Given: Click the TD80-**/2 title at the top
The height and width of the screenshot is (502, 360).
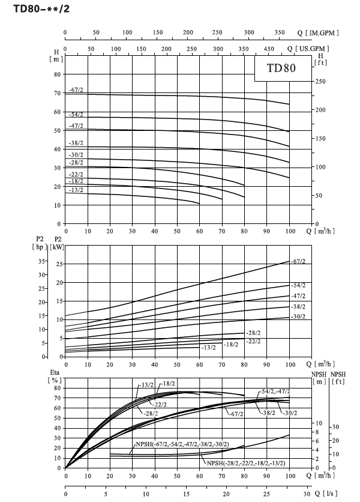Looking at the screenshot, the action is pos(41,8).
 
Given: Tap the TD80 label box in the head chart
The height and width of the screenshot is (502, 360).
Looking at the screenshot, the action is pos(283,68).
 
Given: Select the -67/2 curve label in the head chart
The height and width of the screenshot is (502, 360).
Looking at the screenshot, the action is pos(76,90).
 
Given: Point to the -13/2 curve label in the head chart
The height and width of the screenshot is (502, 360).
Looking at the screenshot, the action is pos(76,190).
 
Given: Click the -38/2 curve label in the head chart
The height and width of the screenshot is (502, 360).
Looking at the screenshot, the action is pos(76,143).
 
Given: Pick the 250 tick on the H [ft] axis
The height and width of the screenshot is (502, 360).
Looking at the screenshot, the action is pos(320,81).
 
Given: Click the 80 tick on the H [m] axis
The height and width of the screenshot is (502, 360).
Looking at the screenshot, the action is pos(57,74).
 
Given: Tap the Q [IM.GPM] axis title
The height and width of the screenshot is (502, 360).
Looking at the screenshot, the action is pos(318,32).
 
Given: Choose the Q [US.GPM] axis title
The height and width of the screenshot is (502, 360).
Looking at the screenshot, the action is pos(308,49).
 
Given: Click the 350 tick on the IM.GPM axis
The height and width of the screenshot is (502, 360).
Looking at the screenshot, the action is pos(280,32).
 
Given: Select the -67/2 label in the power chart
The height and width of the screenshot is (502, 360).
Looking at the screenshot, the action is pos(298,261).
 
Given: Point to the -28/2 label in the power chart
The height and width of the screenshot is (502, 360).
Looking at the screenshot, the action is pos(253,333).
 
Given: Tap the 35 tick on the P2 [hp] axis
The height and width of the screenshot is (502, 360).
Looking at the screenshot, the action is pos(41,261).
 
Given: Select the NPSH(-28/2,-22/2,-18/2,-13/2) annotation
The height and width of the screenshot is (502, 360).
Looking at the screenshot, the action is pos(246,463).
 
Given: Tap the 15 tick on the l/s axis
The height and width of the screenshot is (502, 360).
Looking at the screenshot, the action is pos(186,494).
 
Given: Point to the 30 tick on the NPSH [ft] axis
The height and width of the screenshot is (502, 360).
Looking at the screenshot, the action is pos(335,427).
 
